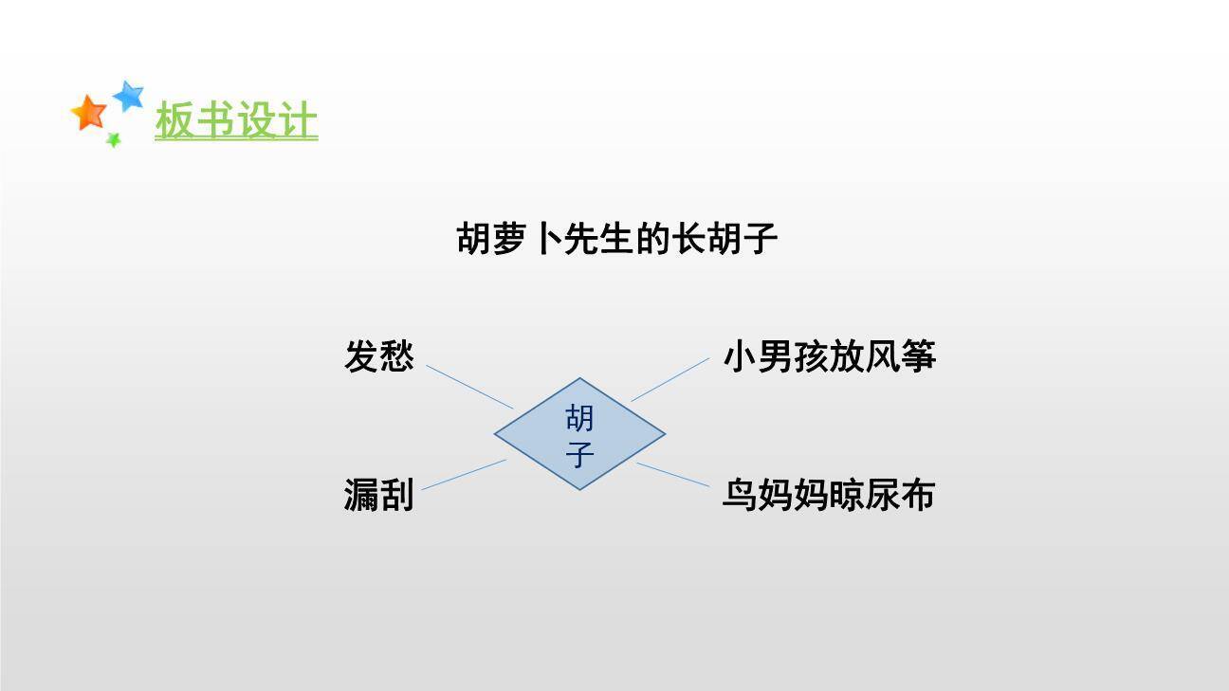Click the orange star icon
pos(89,112)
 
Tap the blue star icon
pos(128,95)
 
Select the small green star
pos(113,140)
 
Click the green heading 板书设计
pos(236,121)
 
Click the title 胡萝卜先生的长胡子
pos(617,239)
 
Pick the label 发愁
pos(378,357)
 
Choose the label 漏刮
pos(378,495)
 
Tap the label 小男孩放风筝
pos(830,357)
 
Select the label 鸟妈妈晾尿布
pos(829,495)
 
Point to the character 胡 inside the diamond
pos(579,417)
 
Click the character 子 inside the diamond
pos(579,454)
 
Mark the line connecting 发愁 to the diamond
pos(469,387)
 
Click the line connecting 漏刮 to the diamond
pos(464,475)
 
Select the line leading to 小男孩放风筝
pos(670,379)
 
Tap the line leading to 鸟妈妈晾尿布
pos(672,475)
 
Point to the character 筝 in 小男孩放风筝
pos(919,357)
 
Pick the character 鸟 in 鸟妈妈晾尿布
pos(741,495)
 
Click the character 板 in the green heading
pos(174,121)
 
